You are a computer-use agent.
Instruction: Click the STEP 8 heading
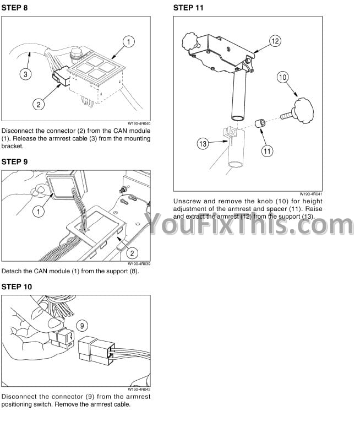tap(14, 8)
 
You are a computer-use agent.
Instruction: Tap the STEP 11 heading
tap(188, 8)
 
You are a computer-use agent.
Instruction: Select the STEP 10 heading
tap(17, 287)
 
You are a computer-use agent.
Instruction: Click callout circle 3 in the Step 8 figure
tap(25, 74)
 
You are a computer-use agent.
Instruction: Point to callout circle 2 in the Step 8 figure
tap(39, 104)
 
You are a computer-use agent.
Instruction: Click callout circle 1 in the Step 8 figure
tap(129, 42)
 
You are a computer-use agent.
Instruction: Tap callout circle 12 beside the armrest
tap(275, 41)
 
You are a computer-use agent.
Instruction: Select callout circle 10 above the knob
tap(282, 77)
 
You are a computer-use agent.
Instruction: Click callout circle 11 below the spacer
tap(267, 151)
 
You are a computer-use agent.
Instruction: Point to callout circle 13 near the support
tap(203, 144)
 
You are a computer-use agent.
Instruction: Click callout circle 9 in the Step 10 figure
tap(82, 326)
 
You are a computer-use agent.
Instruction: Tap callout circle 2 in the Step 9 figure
tap(132, 253)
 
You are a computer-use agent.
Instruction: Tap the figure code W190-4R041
tap(311, 194)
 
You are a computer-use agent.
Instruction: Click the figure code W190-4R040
tap(139, 124)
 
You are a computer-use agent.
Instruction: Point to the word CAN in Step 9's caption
tap(40, 271)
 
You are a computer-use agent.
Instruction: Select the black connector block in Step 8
tap(61, 76)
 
